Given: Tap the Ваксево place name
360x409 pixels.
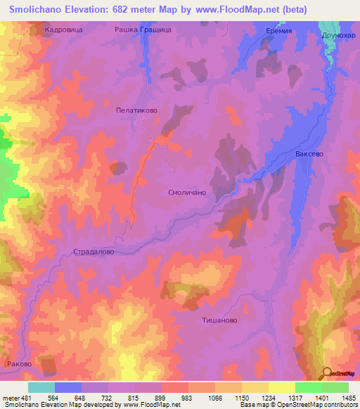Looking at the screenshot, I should tap(309, 154).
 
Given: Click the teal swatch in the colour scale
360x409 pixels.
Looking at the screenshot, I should tap(41, 387).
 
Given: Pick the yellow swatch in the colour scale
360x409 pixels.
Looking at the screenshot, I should tap(282, 387).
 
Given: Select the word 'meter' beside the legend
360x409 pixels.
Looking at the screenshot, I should tap(11, 397).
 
